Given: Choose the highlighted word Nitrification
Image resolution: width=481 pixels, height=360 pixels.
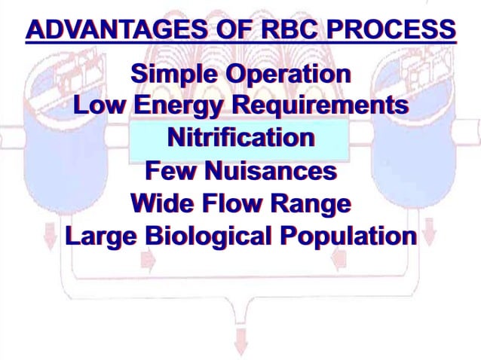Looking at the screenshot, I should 240,139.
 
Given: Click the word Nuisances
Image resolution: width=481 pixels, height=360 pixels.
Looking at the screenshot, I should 271,170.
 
